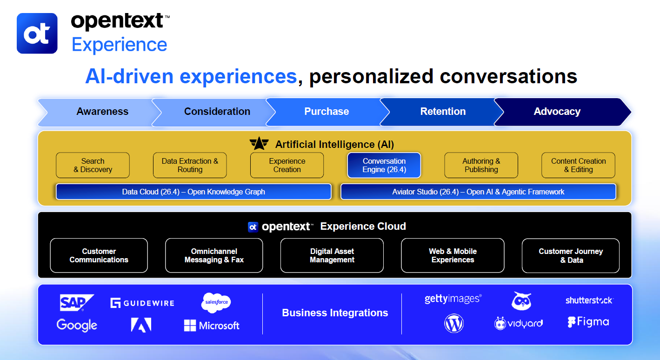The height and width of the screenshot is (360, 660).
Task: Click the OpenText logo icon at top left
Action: click(37, 33)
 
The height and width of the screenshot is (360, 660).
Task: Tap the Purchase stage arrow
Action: click(326, 112)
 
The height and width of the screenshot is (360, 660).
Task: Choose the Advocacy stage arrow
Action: click(557, 112)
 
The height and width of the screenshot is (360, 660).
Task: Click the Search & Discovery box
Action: click(93, 165)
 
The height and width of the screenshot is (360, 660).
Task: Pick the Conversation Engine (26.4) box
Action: click(384, 165)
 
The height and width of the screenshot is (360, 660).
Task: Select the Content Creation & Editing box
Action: click(578, 165)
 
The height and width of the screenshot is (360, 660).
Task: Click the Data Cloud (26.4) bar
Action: click(193, 192)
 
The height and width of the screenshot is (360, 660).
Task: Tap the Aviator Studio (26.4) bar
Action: click(478, 192)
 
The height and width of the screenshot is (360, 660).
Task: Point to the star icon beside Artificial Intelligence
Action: click(259, 144)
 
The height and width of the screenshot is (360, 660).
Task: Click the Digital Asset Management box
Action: click(332, 255)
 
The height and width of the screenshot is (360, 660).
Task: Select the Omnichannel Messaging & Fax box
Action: click(214, 255)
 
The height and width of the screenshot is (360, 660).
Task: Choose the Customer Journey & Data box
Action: click(570, 255)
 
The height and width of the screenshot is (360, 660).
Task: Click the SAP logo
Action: click(76, 302)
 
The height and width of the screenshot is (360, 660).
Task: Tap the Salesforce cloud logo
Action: click(216, 302)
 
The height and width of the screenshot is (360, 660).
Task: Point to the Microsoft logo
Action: click(212, 326)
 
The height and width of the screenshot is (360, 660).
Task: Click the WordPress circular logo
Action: click(453, 323)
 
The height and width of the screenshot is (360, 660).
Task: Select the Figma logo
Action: click(588, 322)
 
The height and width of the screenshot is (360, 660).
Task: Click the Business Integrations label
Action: click(335, 313)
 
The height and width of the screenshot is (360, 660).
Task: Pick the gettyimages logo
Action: click(453, 299)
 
